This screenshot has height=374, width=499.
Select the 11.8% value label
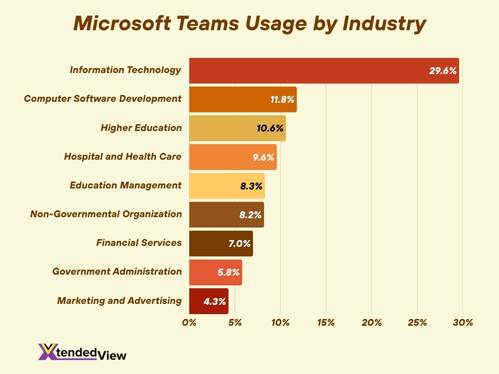click(x=282, y=100)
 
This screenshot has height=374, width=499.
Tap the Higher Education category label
click(x=141, y=128)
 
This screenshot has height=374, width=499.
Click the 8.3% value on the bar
click(x=251, y=186)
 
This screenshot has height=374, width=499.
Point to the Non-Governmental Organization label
click(x=106, y=214)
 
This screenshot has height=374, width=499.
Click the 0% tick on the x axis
click(x=189, y=323)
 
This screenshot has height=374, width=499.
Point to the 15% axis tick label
click(x=326, y=323)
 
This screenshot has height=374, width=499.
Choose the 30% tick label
click(x=462, y=323)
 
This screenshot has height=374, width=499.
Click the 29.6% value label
click(x=442, y=71)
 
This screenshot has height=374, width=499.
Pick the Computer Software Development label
click(x=102, y=99)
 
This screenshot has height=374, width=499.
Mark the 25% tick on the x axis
click(x=417, y=323)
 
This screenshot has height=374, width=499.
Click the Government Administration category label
click(x=117, y=272)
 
